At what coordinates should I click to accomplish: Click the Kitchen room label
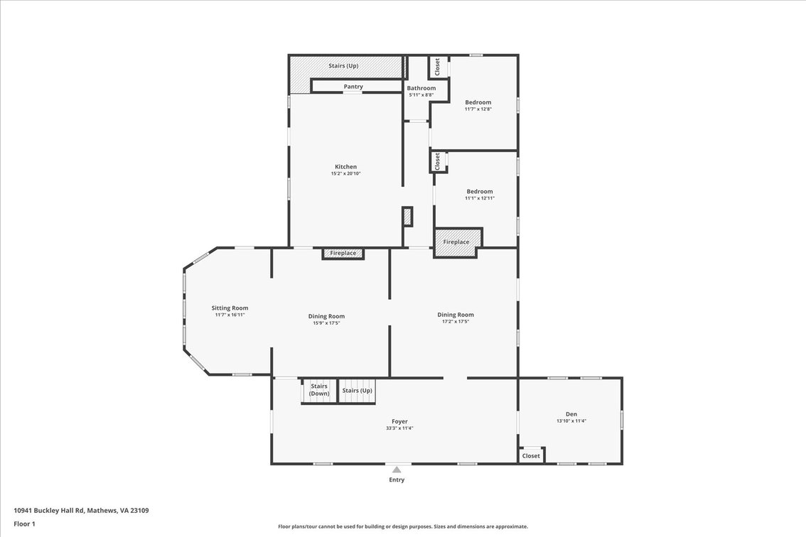point(345,166)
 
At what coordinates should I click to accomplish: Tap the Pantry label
point(353,87)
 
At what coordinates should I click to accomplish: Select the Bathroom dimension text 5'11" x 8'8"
point(421,95)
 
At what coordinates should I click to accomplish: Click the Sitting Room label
point(230,308)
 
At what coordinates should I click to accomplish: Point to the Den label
point(571,414)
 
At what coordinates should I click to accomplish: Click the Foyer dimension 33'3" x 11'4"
point(399,428)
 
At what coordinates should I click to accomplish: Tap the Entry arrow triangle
point(397,470)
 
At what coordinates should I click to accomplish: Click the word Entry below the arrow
point(397,480)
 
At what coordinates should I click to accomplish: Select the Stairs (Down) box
point(318,391)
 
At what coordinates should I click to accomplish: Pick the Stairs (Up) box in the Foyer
point(358,391)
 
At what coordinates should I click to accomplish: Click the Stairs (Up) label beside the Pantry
point(343,66)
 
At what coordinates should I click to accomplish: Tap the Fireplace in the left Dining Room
point(343,254)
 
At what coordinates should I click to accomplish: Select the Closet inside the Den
point(531,455)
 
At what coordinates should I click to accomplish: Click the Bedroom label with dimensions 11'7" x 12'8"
point(478,102)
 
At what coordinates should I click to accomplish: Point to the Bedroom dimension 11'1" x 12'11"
point(480,198)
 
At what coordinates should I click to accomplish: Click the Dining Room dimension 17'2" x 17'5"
point(456,322)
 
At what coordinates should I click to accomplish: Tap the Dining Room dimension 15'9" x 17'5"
point(326,323)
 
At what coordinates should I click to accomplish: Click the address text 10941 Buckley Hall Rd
point(49,511)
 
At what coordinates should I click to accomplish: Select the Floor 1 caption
point(25,524)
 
